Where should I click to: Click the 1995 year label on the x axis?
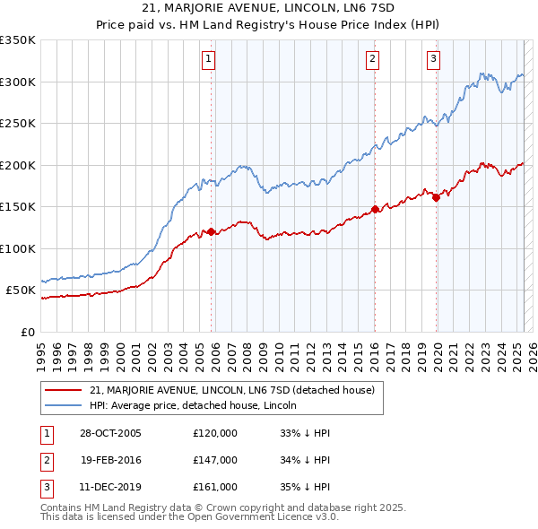coord(41,350)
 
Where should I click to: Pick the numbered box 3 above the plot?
coord(433,59)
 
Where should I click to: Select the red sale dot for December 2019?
coord(436,198)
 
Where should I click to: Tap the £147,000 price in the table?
coord(215,460)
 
